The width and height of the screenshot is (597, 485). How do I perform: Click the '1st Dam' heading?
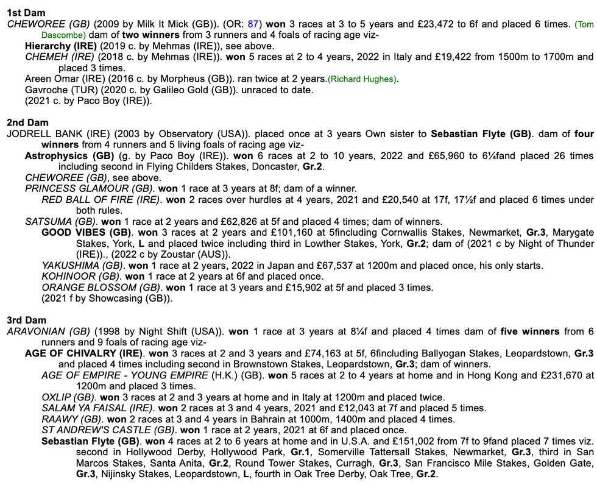(x=26, y=13)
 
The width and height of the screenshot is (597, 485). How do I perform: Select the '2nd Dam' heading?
(x=27, y=122)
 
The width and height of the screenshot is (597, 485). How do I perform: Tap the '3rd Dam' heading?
(x=27, y=320)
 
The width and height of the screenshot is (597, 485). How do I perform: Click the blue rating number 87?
(x=253, y=24)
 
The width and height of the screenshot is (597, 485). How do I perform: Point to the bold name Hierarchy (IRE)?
(x=61, y=46)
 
